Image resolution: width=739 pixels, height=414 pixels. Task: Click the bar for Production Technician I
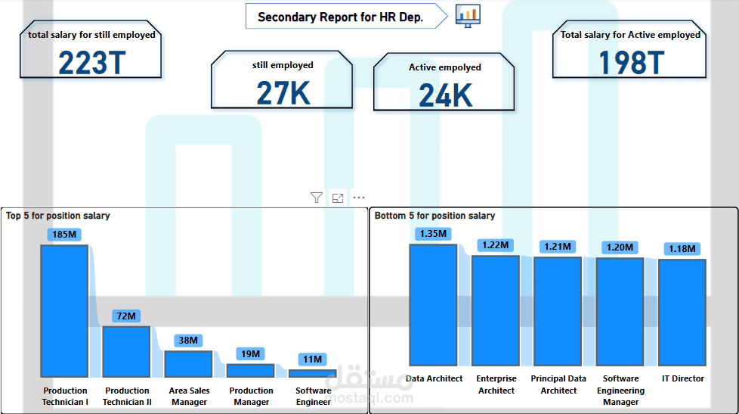pyautogui.click(x=64, y=311)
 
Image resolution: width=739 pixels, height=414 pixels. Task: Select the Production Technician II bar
pyautogui.click(x=126, y=352)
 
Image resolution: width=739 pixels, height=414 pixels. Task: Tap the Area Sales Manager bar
pyautogui.click(x=188, y=364)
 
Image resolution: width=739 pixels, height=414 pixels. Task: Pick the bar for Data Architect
pyautogui.click(x=433, y=305)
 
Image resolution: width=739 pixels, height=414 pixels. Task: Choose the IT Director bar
pyautogui.click(x=682, y=313)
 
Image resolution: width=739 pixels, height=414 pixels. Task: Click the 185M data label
pyautogui.click(x=64, y=235)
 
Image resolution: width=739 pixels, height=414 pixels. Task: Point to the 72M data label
pyautogui.click(x=126, y=316)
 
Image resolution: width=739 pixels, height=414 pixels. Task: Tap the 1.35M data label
pyautogui.click(x=433, y=234)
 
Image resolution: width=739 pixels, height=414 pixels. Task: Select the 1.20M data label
pyautogui.click(x=620, y=247)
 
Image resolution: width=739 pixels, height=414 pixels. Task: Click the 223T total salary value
pyautogui.click(x=92, y=63)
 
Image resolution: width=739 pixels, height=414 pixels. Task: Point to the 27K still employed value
pyautogui.click(x=283, y=93)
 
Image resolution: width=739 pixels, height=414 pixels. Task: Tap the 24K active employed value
pyautogui.click(x=445, y=95)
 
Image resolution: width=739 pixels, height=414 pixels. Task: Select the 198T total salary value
pyautogui.click(x=632, y=63)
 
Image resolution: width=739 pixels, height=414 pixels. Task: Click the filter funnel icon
pyautogui.click(x=317, y=198)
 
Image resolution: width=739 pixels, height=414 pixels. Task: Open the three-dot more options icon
pyautogui.click(x=359, y=198)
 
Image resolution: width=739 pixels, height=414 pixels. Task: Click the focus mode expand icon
pyautogui.click(x=338, y=198)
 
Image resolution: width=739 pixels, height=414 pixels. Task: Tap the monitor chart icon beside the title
pyautogui.click(x=468, y=16)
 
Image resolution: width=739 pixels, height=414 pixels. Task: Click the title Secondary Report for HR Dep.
pyautogui.click(x=340, y=17)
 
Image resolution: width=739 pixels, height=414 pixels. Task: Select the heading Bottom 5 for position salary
pyautogui.click(x=434, y=216)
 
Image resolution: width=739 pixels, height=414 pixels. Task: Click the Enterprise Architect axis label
pyautogui.click(x=496, y=384)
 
